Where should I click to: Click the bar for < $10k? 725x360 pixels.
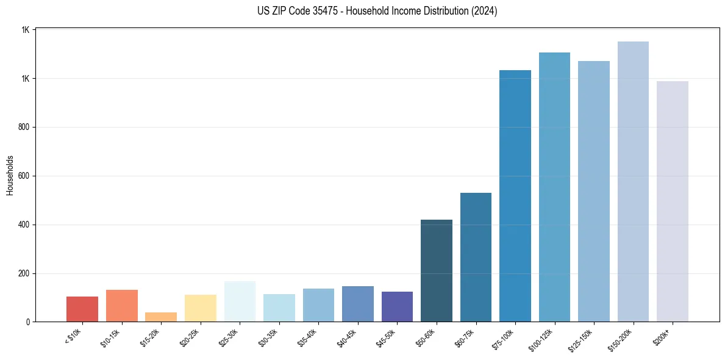tap(82, 309)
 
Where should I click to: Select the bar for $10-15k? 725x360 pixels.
tap(122, 306)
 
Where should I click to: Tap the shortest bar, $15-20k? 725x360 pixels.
tap(161, 317)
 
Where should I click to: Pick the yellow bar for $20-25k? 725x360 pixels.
tap(201, 308)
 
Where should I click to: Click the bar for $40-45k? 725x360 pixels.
tap(358, 304)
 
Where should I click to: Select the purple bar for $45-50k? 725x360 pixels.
tap(397, 307)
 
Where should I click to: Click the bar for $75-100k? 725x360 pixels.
tap(515, 196)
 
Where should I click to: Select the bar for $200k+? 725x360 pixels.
tap(673, 201)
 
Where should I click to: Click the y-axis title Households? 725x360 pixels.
tap(10, 175)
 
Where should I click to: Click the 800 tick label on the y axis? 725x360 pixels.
tap(26, 128)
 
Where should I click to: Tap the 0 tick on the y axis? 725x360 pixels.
tap(29, 322)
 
